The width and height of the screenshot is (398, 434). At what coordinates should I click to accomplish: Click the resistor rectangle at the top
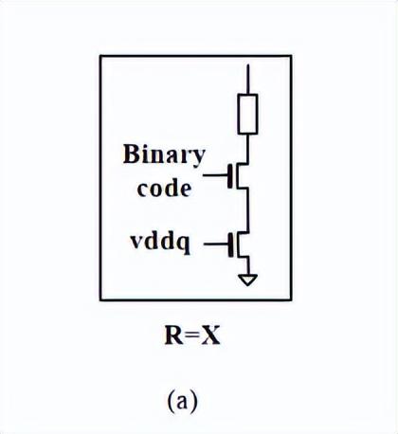(248, 114)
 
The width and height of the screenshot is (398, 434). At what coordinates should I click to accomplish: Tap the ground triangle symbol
(248, 280)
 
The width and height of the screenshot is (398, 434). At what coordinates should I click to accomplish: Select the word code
(164, 188)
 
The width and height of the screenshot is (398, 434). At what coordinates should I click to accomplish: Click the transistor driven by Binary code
(242, 174)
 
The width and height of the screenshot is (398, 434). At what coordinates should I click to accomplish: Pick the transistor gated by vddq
(242, 245)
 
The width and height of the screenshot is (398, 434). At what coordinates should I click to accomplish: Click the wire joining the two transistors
(248, 210)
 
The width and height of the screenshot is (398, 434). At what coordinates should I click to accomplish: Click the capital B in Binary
(132, 155)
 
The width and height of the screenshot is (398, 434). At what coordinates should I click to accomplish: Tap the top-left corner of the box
(100, 57)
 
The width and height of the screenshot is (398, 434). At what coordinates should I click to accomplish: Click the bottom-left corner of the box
(100, 299)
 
